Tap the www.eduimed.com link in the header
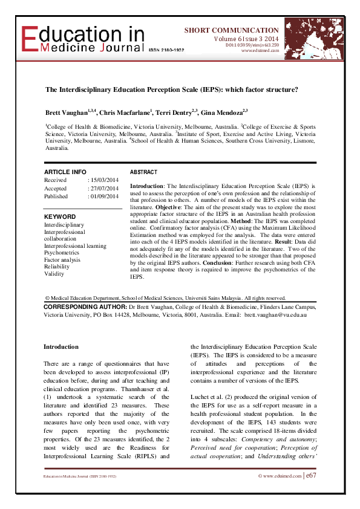point(260,51)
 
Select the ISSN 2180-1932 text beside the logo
point(167,50)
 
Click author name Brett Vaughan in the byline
point(66,113)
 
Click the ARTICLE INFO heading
point(65,172)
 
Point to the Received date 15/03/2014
point(103,180)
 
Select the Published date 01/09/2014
point(103,196)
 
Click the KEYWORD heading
point(60,216)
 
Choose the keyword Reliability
point(57,267)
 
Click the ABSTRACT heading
point(143,172)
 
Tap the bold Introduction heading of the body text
point(61,347)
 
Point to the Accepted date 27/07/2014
point(103,188)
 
